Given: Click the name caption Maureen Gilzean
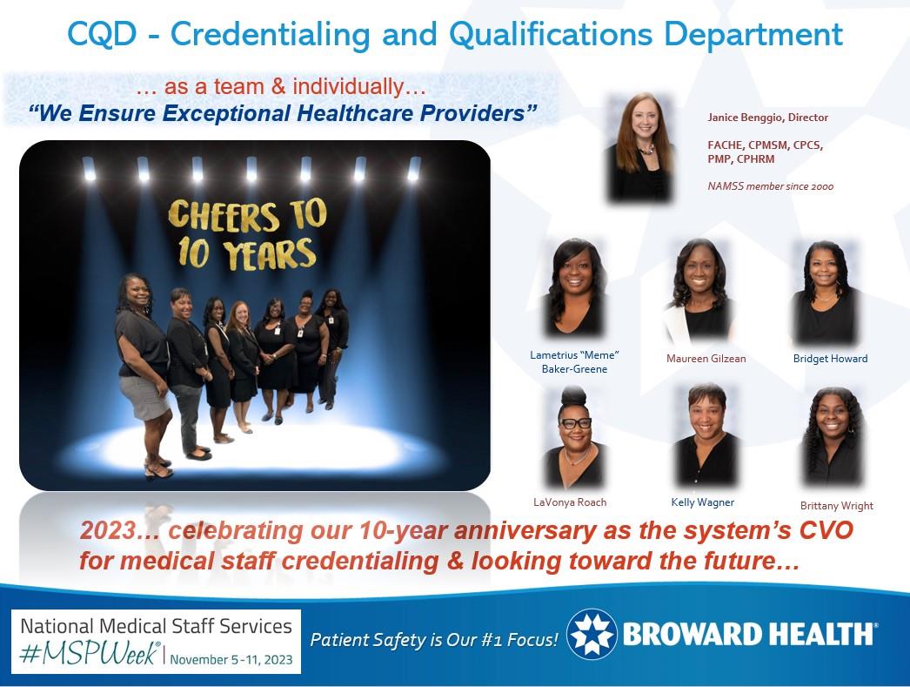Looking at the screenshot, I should click(x=705, y=359).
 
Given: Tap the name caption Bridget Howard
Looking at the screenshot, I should click(x=830, y=358).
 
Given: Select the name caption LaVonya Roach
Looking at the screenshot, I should click(x=570, y=502).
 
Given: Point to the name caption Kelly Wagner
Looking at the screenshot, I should click(x=703, y=502).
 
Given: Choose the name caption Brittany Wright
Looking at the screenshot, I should click(x=836, y=506).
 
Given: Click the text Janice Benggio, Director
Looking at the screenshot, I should click(x=766, y=117).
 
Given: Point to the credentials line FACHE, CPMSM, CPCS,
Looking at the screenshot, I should click(x=766, y=145).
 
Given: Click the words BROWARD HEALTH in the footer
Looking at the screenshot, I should click(x=749, y=635).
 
